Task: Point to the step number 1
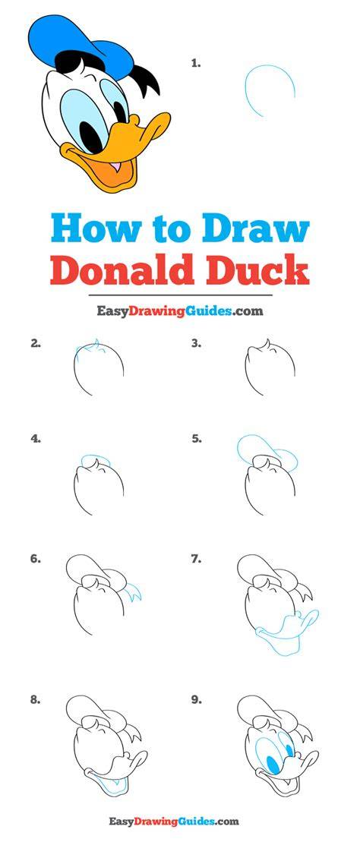[x=196, y=63]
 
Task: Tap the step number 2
[x=36, y=344]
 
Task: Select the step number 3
[x=197, y=344]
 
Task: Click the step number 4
[x=36, y=439]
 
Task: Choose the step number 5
[x=197, y=439]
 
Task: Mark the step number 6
[x=36, y=559]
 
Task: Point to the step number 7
[x=197, y=559]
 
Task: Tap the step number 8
[x=36, y=700]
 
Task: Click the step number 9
[x=197, y=700]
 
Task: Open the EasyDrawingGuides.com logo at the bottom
[x=174, y=821]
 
